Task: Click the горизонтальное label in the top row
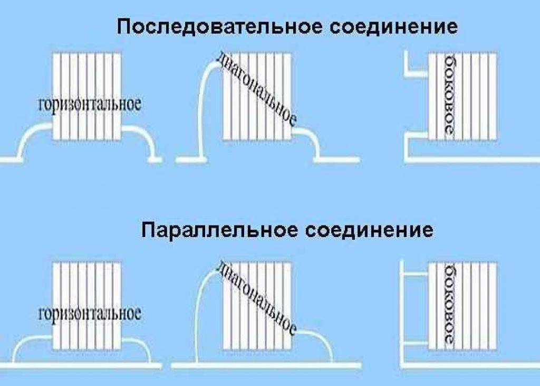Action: click(x=90, y=103)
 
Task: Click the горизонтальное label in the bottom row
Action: click(x=90, y=314)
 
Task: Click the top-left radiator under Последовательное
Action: click(x=87, y=74)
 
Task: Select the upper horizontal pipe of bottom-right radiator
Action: click(x=417, y=274)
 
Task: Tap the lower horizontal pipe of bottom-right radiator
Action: click(x=417, y=344)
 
